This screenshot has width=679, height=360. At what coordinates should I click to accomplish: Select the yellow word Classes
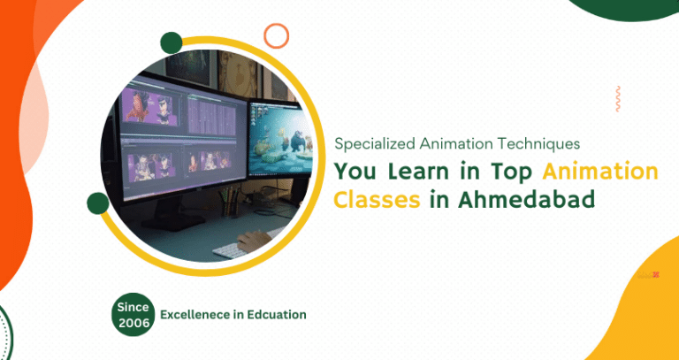(376, 200)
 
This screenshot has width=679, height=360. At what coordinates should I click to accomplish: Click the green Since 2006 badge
(134, 313)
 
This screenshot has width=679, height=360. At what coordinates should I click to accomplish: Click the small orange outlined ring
(277, 35)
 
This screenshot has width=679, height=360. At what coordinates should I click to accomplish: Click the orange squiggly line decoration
(617, 98)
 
